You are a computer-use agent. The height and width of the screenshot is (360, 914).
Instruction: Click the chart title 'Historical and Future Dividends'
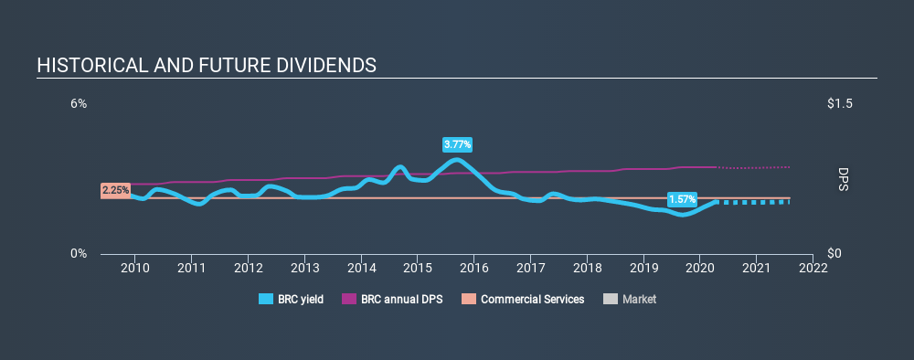point(206,66)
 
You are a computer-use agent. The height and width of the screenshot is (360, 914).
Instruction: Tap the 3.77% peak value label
point(458,144)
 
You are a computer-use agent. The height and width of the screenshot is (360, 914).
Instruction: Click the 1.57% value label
point(682,198)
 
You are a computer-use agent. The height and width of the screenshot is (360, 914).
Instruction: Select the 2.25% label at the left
point(115,190)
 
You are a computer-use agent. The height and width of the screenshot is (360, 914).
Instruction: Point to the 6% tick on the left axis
point(80,104)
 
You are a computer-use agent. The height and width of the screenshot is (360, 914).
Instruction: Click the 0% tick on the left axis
point(80,253)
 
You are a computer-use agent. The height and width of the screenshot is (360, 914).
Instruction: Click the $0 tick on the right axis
point(834,253)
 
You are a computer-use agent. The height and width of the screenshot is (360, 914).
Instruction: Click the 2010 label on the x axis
point(135,268)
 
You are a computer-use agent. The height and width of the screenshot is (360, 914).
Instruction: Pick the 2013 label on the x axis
point(304,268)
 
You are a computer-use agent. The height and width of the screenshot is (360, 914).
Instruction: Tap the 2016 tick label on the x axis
point(473,268)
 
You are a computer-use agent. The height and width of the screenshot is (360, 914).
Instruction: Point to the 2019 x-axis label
point(643,268)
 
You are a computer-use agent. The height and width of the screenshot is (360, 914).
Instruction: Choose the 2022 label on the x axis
point(813,268)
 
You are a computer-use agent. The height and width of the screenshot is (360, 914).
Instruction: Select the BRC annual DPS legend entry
point(392,299)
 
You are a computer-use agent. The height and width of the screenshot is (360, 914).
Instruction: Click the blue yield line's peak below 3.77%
point(457,160)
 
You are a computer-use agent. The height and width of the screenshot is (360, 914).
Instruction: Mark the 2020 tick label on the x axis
point(699,268)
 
